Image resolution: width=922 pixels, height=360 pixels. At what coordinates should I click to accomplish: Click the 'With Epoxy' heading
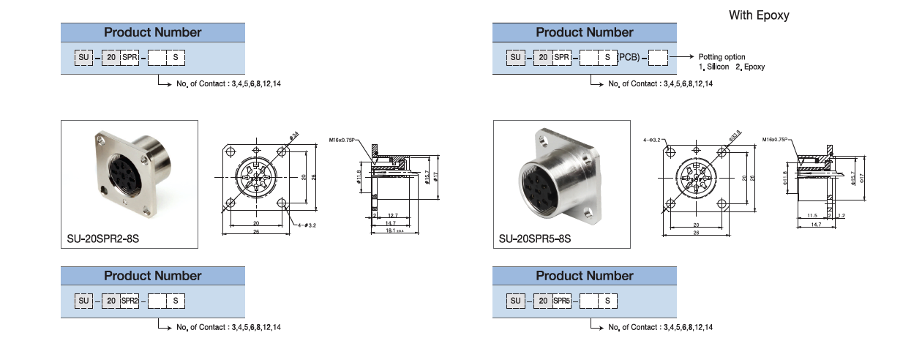(x=759, y=15)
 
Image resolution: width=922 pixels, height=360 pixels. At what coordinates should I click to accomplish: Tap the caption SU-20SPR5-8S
(x=534, y=239)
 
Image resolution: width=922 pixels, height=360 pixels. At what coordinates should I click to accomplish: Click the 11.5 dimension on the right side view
(x=812, y=216)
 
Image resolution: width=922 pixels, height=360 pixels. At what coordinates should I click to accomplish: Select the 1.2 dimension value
(x=842, y=216)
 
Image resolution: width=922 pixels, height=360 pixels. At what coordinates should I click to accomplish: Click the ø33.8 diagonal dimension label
(x=733, y=135)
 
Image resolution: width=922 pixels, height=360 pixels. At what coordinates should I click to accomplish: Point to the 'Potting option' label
(x=722, y=56)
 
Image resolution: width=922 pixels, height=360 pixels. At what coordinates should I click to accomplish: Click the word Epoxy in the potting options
(x=754, y=67)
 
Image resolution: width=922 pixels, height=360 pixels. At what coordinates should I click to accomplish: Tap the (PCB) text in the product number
(x=628, y=56)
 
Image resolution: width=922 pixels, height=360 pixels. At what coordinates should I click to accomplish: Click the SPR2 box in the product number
(x=130, y=300)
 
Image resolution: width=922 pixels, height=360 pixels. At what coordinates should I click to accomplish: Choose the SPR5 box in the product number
(x=562, y=300)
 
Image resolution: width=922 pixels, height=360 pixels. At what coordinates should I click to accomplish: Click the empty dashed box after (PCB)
(x=659, y=56)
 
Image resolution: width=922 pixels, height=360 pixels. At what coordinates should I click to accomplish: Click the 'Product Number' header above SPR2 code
(x=152, y=276)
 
